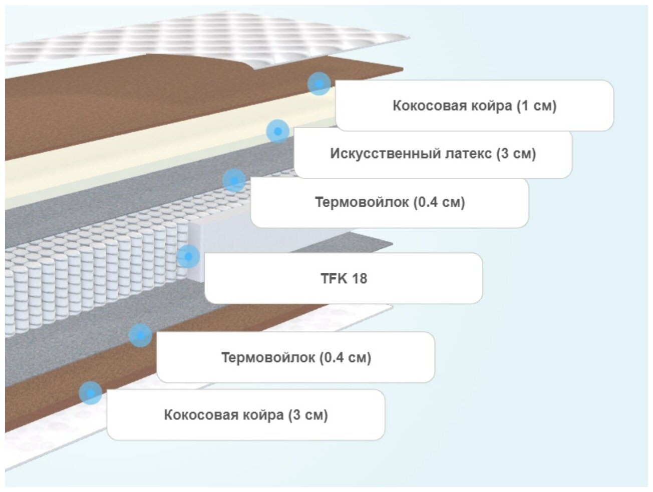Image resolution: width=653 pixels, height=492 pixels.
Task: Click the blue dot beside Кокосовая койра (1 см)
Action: pyautogui.click(x=319, y=84)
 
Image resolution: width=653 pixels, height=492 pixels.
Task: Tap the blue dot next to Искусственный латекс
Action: pyautogui.click(x=277, y=131)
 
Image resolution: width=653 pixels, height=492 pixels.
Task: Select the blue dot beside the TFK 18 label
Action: pyautogui.click(x=188, y=257)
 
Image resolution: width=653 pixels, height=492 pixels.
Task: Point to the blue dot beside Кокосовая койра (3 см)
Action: pyautogui.click(x=90, y=393)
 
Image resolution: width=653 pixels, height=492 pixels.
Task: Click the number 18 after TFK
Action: pyautogui.click(x=359, y=278)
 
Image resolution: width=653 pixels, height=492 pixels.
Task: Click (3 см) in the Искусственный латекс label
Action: pyautogui.click(x=516, y=154)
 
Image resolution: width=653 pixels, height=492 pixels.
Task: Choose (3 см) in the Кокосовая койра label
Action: pyautogui.click(x=307, y=415)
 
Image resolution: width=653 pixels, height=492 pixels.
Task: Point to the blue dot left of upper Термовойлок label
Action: pyautogui.click(x=234, y=180)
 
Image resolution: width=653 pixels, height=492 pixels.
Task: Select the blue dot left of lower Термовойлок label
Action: pyautogui.click(x=140, y=335)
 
